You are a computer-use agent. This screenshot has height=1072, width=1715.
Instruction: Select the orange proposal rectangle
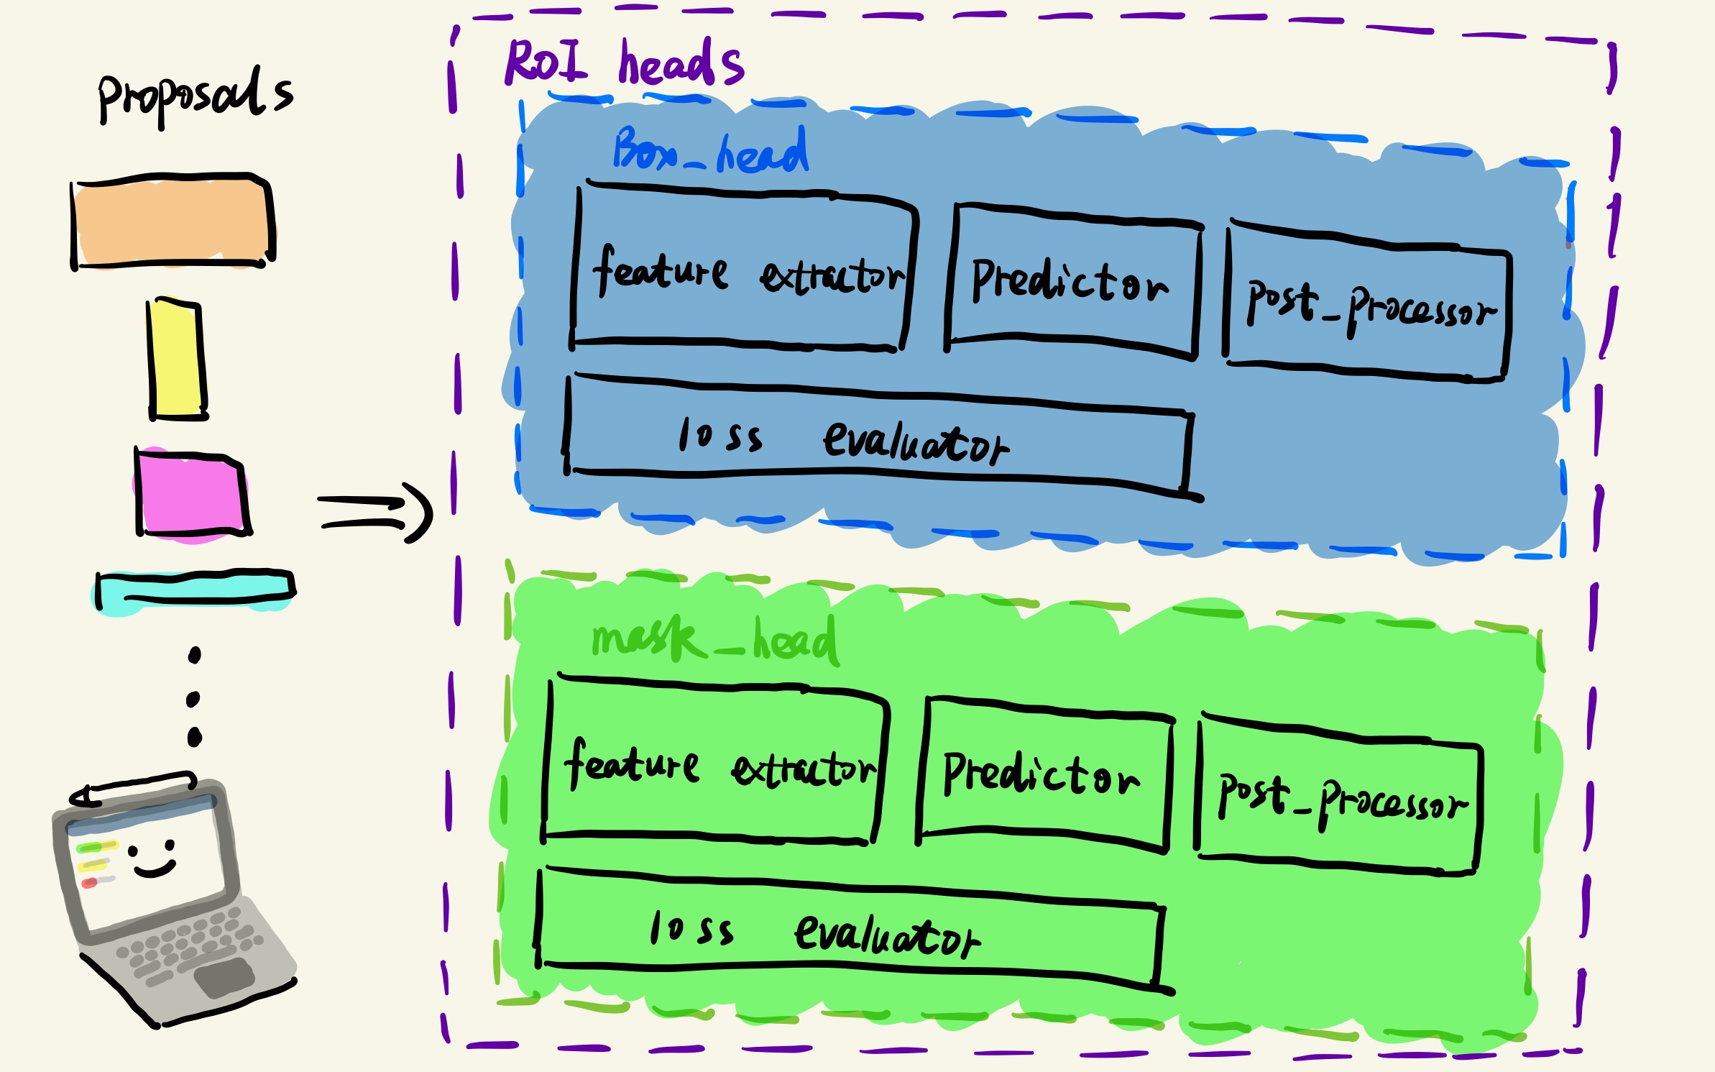[173, 221]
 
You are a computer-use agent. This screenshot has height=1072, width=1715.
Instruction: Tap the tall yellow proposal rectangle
[177, 359]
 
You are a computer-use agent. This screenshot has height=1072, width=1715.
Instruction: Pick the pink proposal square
[191, 495]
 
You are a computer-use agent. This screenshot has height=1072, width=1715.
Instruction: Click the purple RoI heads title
[624, 63]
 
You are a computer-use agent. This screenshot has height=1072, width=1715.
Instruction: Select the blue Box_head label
[710, 151]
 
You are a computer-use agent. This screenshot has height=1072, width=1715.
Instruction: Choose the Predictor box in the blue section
[1072, 282]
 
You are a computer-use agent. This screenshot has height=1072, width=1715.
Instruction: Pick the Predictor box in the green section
[1044, 775]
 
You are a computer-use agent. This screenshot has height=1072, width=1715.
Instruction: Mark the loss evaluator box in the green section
[848, 932]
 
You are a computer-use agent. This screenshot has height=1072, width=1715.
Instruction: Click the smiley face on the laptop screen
[152, 859]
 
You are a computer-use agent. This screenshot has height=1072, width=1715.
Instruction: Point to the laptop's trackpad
[224, 976]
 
